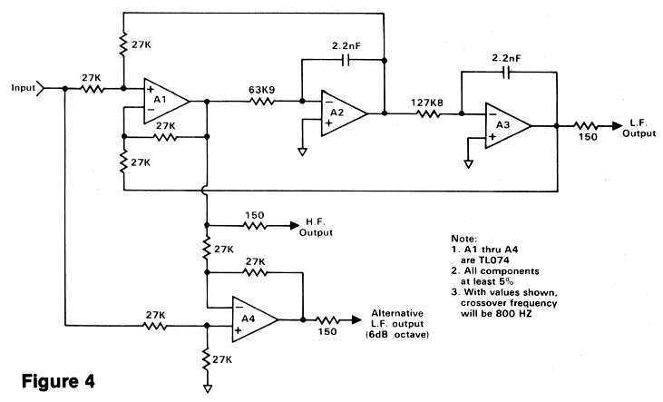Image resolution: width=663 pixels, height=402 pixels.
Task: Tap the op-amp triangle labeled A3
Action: (507, 127)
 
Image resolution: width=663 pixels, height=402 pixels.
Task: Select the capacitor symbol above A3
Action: (508, 75)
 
